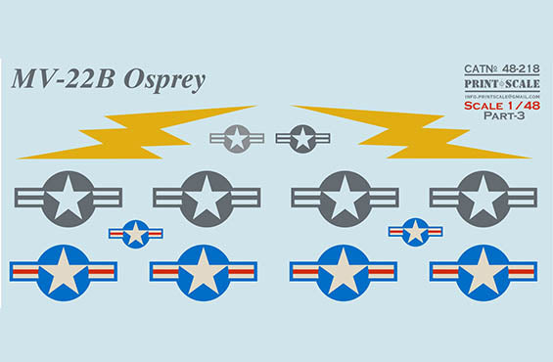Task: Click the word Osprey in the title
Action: click(x=164, y=80)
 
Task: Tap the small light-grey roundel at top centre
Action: click(x=237, y=138)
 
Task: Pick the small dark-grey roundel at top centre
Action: click(x=302, y=138)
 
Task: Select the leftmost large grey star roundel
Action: click(x=68, y=199)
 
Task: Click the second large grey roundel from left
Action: click(x=207, y=199)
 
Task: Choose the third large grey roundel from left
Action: click(x=345, y=199)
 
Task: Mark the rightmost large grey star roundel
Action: click(x=484, y=199)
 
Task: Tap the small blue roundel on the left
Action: click(x=135, y=234)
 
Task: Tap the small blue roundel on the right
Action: click(x=415, y=232)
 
